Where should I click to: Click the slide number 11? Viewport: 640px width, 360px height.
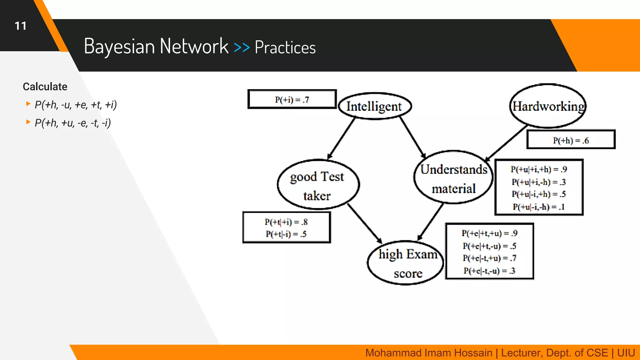tap(21, 26)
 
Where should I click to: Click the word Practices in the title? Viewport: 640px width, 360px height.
tap(285, 47)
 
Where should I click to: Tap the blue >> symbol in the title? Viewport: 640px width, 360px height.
tap(242, 47)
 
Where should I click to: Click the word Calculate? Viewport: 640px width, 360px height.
tap(45, 87)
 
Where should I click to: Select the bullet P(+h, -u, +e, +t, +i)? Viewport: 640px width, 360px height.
tap(76, 105)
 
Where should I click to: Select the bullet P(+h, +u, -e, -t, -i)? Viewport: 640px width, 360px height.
tap(72, 123)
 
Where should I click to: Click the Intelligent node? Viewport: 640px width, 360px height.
tap(374, 106)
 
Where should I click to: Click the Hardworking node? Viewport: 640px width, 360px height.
tap(548, 106)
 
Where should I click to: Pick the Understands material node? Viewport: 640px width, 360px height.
tap(453, 178)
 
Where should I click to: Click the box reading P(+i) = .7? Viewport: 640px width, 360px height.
tap(292, 99)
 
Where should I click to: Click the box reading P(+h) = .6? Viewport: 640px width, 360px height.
tap(571, 140)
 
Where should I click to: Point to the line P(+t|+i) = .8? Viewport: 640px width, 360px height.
tap(286, 222)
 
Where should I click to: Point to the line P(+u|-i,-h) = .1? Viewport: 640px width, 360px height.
tap(539, 207)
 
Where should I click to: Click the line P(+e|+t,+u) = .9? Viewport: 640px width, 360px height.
tap(489, 233)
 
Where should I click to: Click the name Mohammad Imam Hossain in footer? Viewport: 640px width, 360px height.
tap(428, 353)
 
